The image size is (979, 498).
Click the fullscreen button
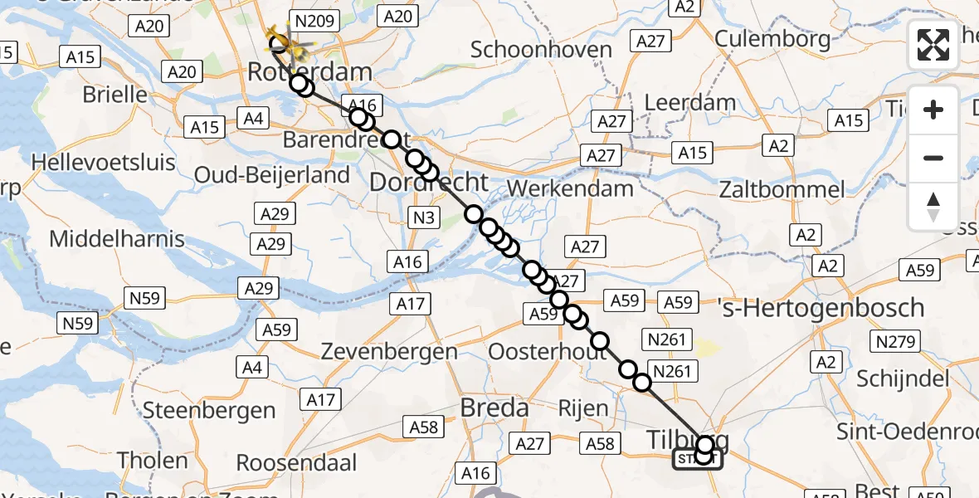point(933,44)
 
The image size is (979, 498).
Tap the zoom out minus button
point(933,158)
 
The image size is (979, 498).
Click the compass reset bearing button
point(933,207)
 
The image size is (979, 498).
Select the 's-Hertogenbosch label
point(821,308)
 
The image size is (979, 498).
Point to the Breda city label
point(494,408)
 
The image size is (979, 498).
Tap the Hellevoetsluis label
point(103,160)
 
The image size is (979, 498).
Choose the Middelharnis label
point(117,239)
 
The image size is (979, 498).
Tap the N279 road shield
point(894,341)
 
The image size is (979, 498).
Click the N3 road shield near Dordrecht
point(423,218)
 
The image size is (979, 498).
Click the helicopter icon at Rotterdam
point(283,37)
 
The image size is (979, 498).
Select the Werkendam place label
point(570,188)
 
